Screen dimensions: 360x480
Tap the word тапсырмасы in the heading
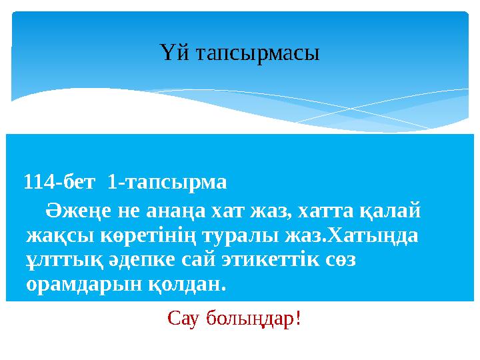tap(253, 53)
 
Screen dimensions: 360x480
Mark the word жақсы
tap(57, 237)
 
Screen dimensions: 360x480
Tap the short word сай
tap(189, 261)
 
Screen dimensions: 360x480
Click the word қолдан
tap(193, 285)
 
